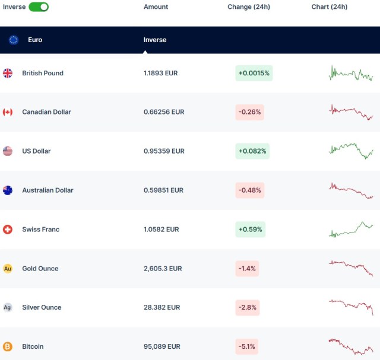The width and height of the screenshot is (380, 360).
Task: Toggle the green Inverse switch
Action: click(x=39, y=7)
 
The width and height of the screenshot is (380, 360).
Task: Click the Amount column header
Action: click(x=156, y=7)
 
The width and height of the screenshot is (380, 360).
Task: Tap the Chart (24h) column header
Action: click(x=330, y=7)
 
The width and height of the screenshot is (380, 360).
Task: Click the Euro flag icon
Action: click(x=14, y=40)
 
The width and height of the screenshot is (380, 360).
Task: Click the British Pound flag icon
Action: click(x=8, y=73)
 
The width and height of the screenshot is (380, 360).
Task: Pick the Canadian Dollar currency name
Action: click(x=46, y=112)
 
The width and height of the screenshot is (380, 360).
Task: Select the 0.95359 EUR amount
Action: click(x=164, y=151)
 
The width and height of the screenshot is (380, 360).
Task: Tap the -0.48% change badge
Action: click(x=249, y=190)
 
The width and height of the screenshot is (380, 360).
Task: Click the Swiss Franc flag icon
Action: click(x=8, y=230)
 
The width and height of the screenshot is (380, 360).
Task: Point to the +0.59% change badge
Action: click(x=249, y=230)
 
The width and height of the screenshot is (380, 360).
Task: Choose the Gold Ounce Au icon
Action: click(x=8, y=269)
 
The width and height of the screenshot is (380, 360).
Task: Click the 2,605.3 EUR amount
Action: click(x=163, y=269)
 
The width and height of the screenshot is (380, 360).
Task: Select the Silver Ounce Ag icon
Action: click(x=8, y=308)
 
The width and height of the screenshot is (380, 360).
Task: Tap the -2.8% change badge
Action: click(x=247, y=308)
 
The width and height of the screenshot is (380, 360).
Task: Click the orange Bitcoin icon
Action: click(x=8, y=346)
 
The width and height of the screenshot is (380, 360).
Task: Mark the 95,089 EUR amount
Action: click(x=161, y=346)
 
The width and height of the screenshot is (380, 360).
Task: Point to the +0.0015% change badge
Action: click(x=254, y=73)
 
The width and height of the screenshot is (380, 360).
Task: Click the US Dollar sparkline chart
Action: click(x=351, y=151)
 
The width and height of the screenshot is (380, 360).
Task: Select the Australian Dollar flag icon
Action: click(x=8, y=190)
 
